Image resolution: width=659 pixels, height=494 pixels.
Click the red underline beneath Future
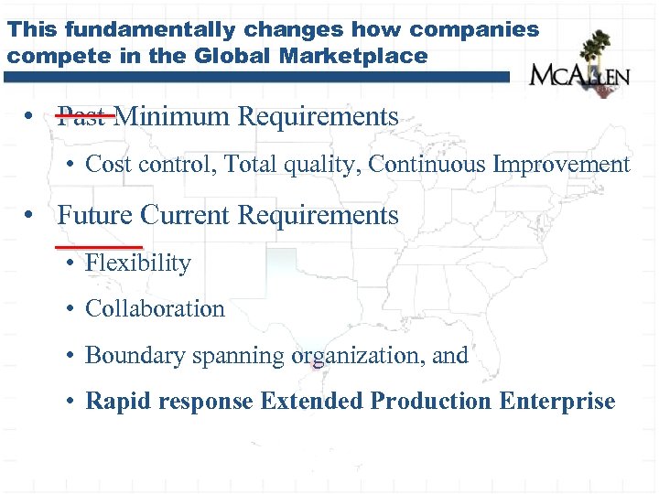pyautogui.click(x=99, y=246)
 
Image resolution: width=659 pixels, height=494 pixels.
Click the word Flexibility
pyautogui.click(x=138, y=263)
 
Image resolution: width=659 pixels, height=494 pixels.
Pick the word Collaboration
pyautogui.click(x=155, y=309)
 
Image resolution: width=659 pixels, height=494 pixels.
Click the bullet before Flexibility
pyautogui.click(x=70, y=264)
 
